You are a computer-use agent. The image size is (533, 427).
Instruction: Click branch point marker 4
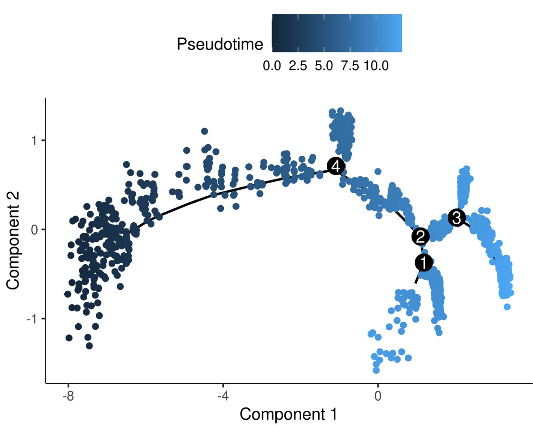coord(336,167)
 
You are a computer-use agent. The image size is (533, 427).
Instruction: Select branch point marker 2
coord(420,236)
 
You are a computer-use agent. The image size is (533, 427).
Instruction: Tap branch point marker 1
coord(423,262)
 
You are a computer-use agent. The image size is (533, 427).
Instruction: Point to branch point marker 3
coord(456,218)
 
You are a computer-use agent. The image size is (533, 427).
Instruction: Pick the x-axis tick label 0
coord(378,396)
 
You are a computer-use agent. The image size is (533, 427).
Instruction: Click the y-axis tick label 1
coord(36,140)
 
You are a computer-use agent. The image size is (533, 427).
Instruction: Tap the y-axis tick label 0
coord(36,229)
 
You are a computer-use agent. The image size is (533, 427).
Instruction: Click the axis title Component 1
coord(288,414)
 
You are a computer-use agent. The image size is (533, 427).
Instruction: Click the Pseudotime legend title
coord(220,44)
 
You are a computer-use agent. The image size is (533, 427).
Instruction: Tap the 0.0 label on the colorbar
coord(272,66)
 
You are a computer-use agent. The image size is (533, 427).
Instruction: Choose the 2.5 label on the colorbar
coord(298,66)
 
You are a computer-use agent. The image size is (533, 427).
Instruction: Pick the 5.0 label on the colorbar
coord(324,66)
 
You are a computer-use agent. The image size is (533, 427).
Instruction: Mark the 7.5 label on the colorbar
coord(350,66)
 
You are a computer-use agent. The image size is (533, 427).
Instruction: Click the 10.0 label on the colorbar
coord(376,66)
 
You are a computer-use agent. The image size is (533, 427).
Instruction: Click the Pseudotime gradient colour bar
coord(337,32)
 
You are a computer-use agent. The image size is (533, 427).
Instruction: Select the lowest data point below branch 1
coord(376,370)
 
